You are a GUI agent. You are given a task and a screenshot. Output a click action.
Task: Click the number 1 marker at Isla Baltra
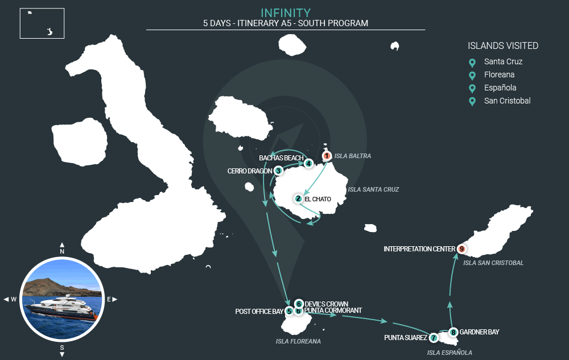pos(327,156)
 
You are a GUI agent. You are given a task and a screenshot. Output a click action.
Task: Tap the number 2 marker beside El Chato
pos(298,198)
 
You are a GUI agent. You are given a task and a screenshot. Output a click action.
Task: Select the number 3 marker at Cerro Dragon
pos(278,171)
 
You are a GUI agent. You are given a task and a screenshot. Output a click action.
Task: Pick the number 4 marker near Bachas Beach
pos(308,163)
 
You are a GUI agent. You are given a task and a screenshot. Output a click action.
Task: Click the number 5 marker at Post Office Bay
pos(289,311)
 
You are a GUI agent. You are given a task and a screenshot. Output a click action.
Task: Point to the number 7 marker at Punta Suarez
pos(433,338)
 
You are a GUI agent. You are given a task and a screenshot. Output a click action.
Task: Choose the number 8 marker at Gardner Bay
pos(453,332)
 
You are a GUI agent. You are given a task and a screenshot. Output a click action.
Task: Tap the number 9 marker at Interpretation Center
pos(461,249)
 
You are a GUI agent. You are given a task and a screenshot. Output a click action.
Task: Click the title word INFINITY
pos(286,13)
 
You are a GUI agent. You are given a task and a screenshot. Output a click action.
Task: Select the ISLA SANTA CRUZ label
pos(373,189)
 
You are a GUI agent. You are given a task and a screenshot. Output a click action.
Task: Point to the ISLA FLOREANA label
pos(298,341)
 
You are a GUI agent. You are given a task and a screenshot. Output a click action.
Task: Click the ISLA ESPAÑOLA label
pos(450,353)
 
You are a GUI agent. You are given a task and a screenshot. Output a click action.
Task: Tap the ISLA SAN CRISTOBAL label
pos(493,263)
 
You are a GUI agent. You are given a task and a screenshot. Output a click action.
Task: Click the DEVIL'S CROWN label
pos(326,304)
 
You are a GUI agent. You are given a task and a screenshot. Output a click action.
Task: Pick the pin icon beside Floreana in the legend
pos(472,76)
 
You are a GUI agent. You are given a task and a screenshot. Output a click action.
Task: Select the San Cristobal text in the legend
pos(508,101)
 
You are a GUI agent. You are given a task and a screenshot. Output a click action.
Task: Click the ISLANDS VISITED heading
pos(503,45)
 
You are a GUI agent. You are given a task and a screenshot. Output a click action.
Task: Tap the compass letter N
pos(62,251)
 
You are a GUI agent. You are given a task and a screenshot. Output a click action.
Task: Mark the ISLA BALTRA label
pos(353,156)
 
